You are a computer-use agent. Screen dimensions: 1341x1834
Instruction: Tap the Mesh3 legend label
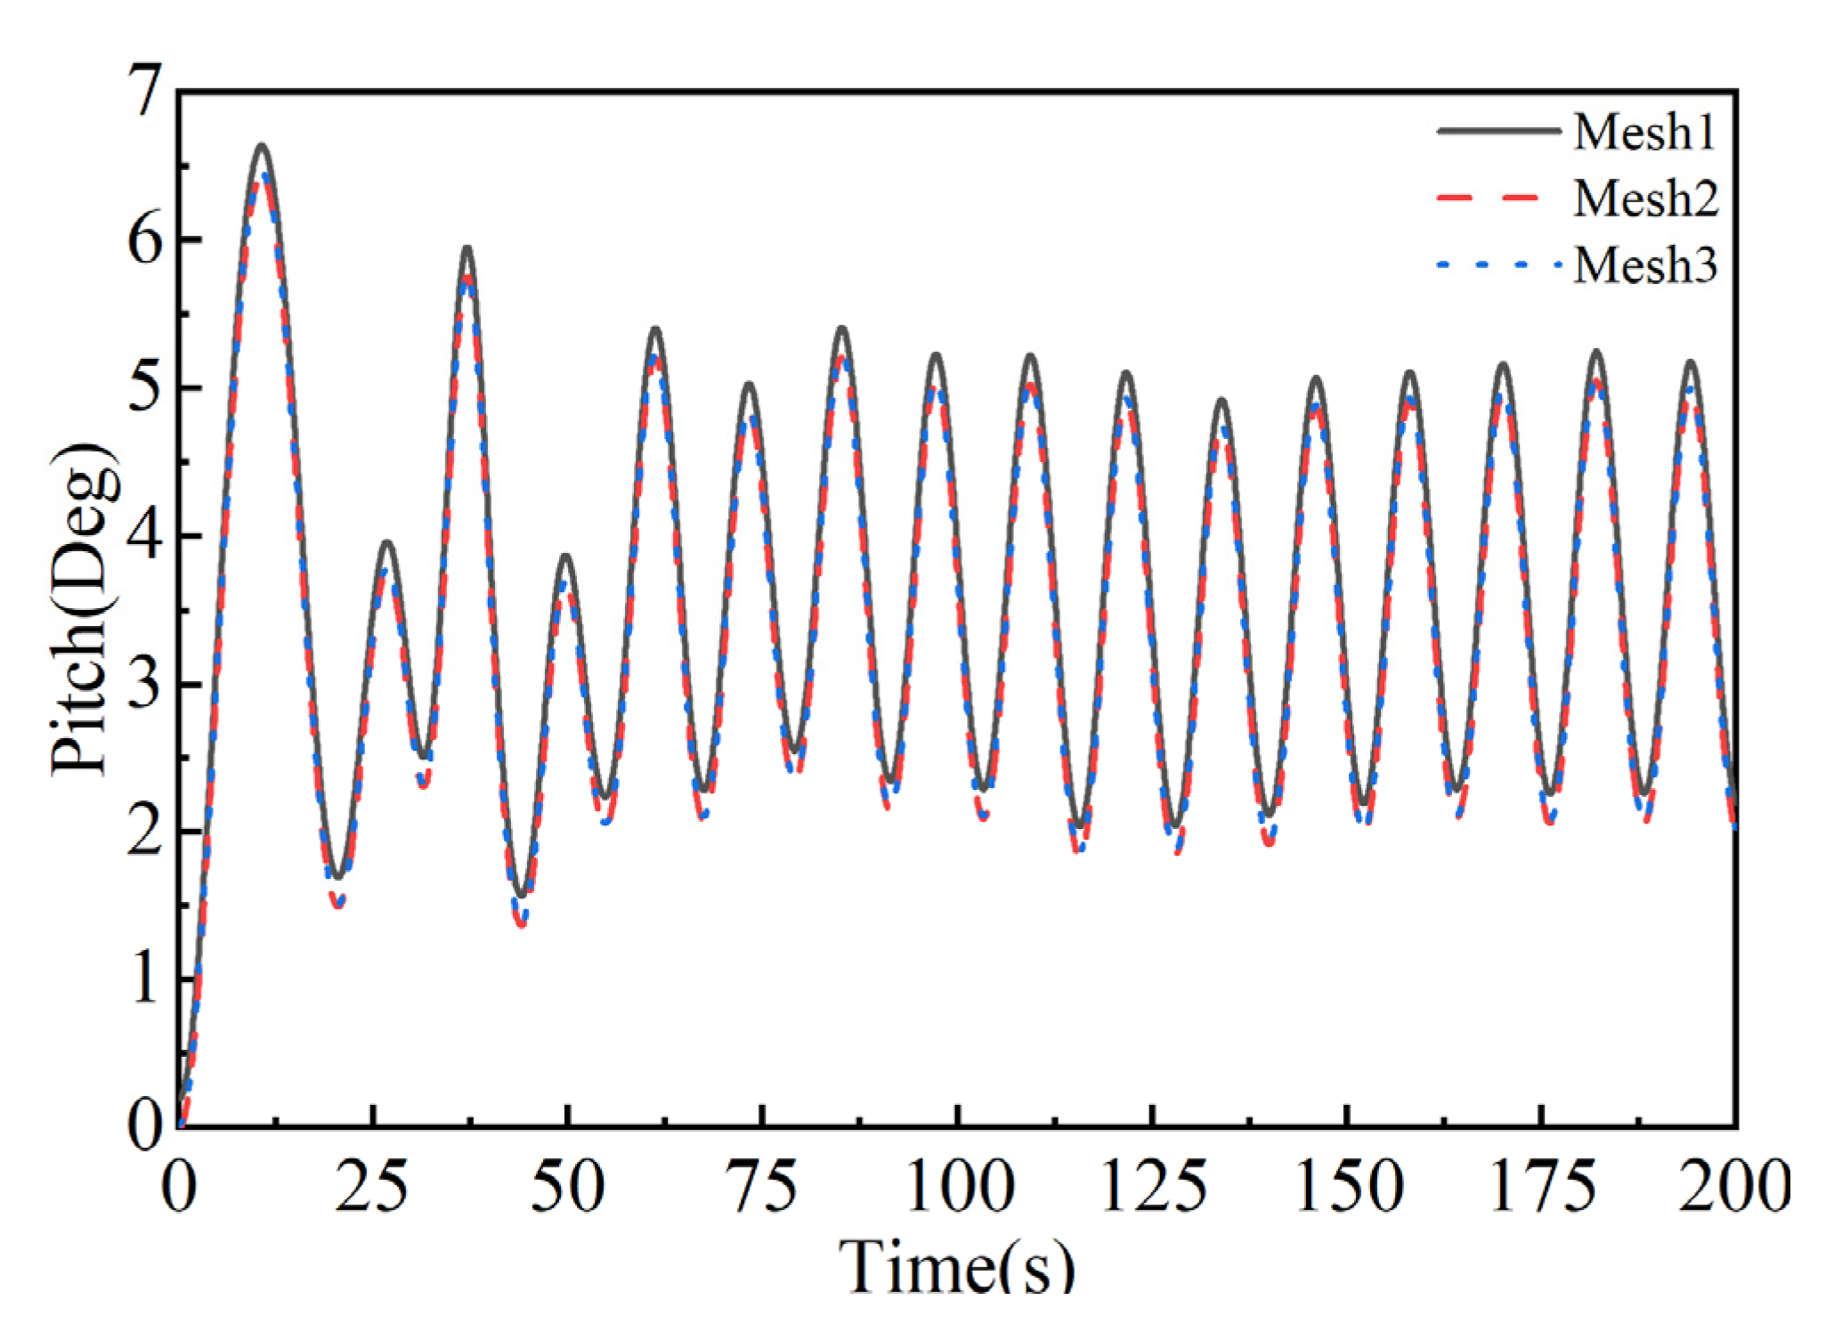click(x=1644, y=264)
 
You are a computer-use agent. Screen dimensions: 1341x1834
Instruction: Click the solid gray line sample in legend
click(x=1498, y=131)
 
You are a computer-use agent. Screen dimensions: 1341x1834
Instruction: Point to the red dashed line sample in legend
click(x=1498, y=198)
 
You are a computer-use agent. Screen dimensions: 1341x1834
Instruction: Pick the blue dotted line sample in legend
click(x=1498, y=264)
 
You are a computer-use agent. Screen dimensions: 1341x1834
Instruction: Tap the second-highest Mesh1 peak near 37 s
click(x=467, y=248)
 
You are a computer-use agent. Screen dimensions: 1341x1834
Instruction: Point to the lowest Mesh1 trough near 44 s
click(x=522, y=896)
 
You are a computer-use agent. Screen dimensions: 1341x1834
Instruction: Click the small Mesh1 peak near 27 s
click(x=386, y=541)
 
